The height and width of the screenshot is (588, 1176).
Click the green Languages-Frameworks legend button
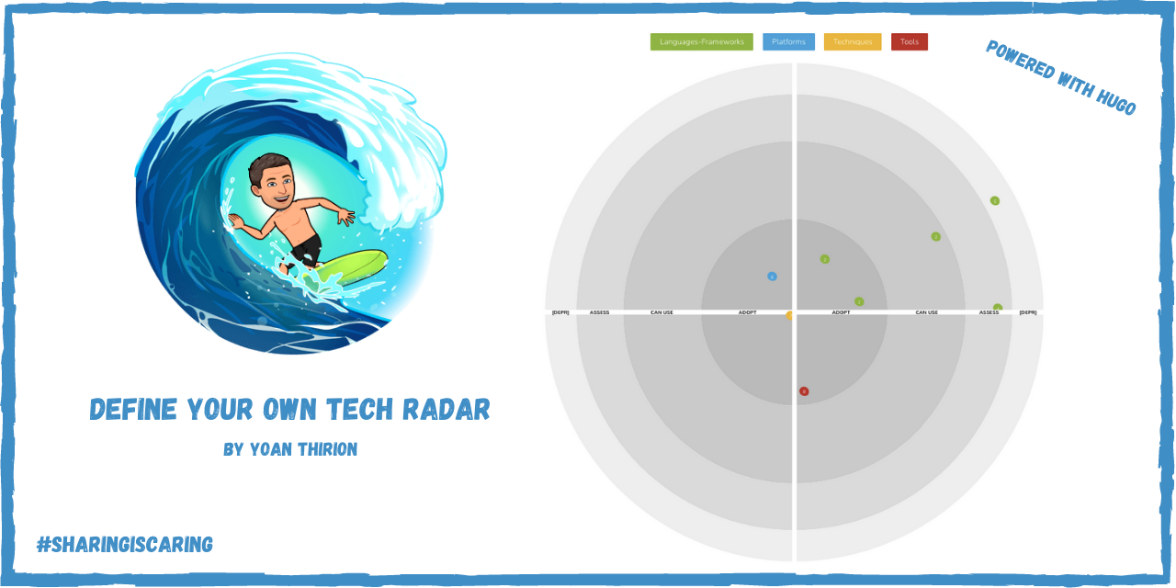click(701, 41)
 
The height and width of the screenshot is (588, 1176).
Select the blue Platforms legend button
click(788, 41)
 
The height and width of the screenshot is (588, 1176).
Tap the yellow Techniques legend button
click(852, 41)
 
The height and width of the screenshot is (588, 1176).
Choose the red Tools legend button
click(909, 41)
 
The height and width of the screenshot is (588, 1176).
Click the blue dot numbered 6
click(772, 277)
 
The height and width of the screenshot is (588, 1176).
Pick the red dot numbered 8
click(804, 391)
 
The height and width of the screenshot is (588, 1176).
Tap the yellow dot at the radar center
click(789, 316)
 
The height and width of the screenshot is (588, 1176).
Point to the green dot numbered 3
click(936, 237)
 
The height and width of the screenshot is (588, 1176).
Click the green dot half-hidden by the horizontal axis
click(998, 309)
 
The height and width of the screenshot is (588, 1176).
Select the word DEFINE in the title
click(133, 410)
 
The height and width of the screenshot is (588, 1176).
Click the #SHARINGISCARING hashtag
click(124, 545)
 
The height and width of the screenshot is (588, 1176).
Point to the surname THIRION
click(322, 449)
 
